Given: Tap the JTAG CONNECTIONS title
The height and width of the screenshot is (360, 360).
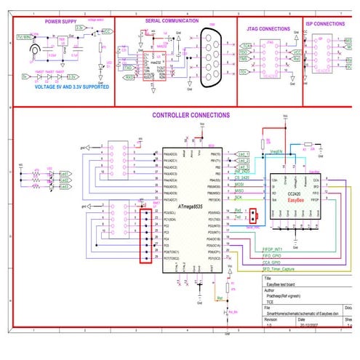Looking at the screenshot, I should click(x=268, y=28).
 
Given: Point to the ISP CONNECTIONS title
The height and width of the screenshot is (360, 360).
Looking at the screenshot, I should click(x=325, y=23).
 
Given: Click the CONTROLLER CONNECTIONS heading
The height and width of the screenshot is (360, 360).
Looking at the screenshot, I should click(x=191, y=115).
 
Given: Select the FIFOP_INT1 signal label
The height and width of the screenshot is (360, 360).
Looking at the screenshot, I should click(x=253, y=249).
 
